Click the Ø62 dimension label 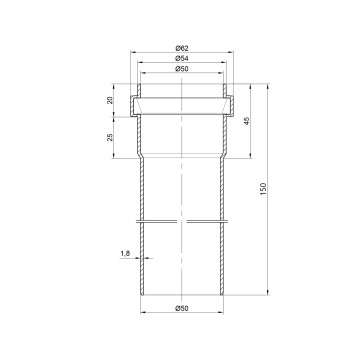click(x=182, y=48)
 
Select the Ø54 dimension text click(x=182, y=58)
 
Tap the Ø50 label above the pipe click(x=182, y=69)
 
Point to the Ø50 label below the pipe click(x=182, y=308)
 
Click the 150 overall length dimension click(x=264, y=189)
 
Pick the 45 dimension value click(x=247, y=121)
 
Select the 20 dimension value click(x=110, y=100)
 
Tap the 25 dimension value click(x=110, y=137)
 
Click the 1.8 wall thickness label click(x=125, y=254)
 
